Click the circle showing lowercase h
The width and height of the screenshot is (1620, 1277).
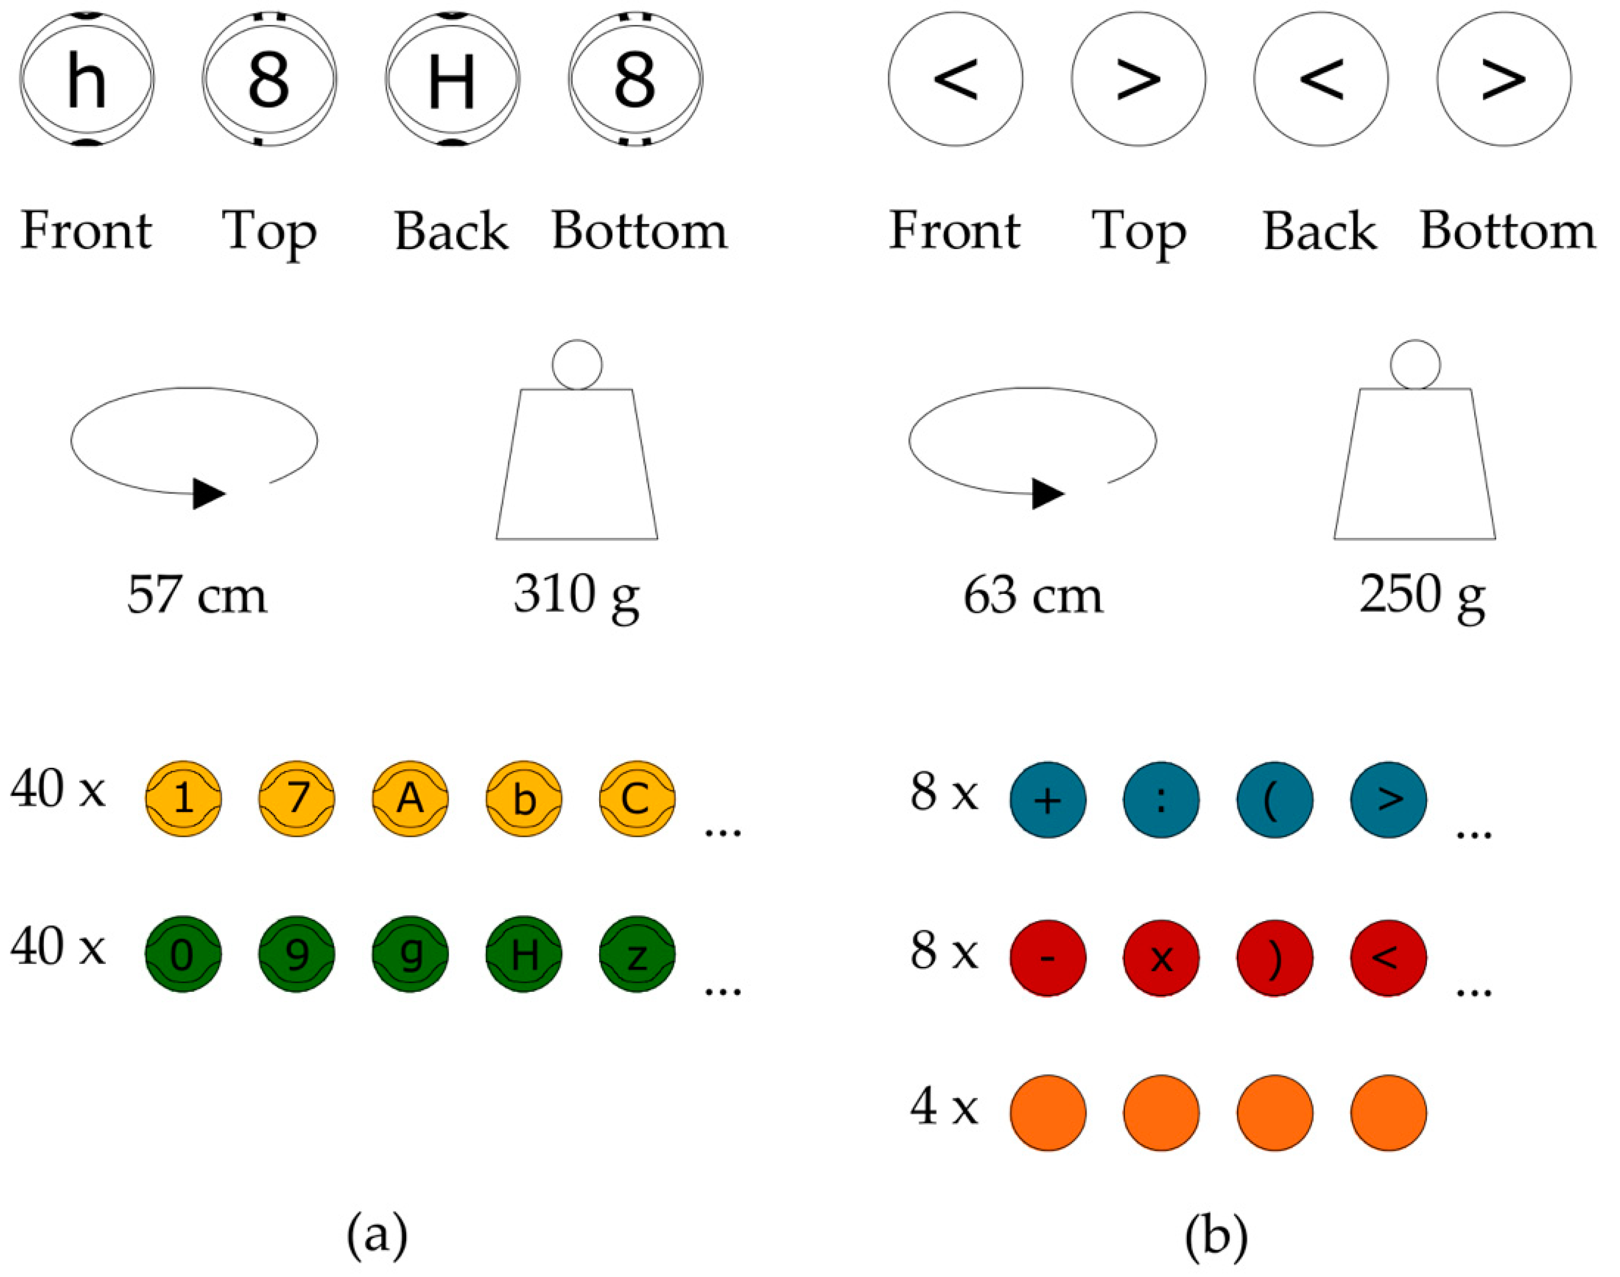pos(87,79)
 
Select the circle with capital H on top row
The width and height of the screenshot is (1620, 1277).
pos(452,79)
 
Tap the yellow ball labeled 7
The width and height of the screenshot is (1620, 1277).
pos(297,798)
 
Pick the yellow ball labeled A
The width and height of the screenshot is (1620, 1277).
pos(411,798)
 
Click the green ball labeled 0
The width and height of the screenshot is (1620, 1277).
pos(183,954)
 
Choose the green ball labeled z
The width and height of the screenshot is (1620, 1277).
pos(637,954)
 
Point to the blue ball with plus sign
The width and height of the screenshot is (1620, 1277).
pos(1048,800)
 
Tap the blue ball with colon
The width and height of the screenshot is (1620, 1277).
pos(1162,800)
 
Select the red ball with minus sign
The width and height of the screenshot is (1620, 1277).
pos(1048,958)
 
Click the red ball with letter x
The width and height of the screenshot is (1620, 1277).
pos(1162,958)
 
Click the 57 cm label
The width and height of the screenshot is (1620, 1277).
pos(197,596)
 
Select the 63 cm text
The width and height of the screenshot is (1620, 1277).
pos(1033,596)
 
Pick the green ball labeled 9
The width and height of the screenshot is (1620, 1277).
pos(297,954)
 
